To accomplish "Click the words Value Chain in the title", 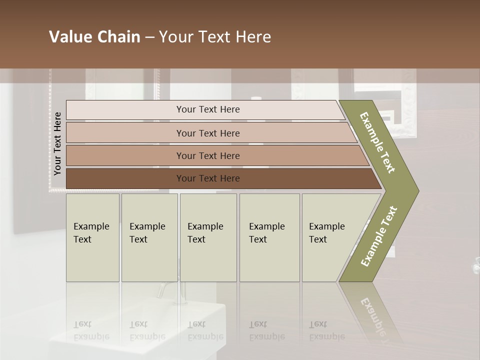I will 94,37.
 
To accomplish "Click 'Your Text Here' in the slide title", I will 215,37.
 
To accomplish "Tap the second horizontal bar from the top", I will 207,133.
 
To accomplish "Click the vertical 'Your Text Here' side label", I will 57,143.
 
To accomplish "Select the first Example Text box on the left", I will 92,237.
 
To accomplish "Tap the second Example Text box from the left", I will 149,237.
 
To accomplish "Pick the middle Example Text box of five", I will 208,237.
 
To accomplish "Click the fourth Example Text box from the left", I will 269,237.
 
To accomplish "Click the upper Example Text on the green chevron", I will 377,142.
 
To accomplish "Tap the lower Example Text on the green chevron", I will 378,236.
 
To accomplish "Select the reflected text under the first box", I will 91,330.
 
